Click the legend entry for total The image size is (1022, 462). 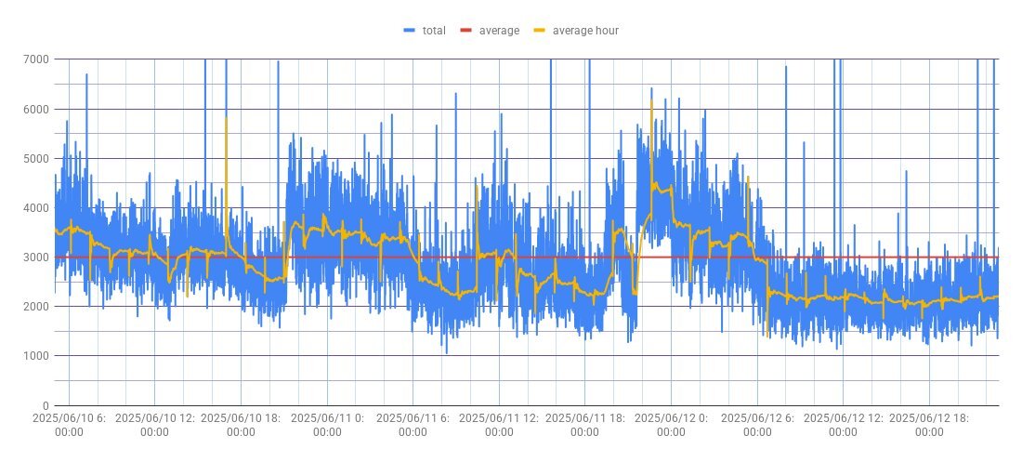click(434, 31)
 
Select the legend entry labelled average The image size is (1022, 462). click(499, 31)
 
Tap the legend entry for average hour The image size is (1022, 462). click(585, 31)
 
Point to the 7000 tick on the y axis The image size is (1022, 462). click(37, 59)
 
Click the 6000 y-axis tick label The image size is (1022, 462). click(37, 109)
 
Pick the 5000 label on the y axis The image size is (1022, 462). click(37, 158)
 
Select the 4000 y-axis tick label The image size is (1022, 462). click(37, 208)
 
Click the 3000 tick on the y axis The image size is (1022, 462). click(37, 257)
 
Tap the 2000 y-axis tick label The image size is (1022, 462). click(37, 307)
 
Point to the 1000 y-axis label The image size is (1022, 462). click(37, 356)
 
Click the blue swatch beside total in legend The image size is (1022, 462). click(410, 31)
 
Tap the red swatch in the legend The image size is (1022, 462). click(466, 31)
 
